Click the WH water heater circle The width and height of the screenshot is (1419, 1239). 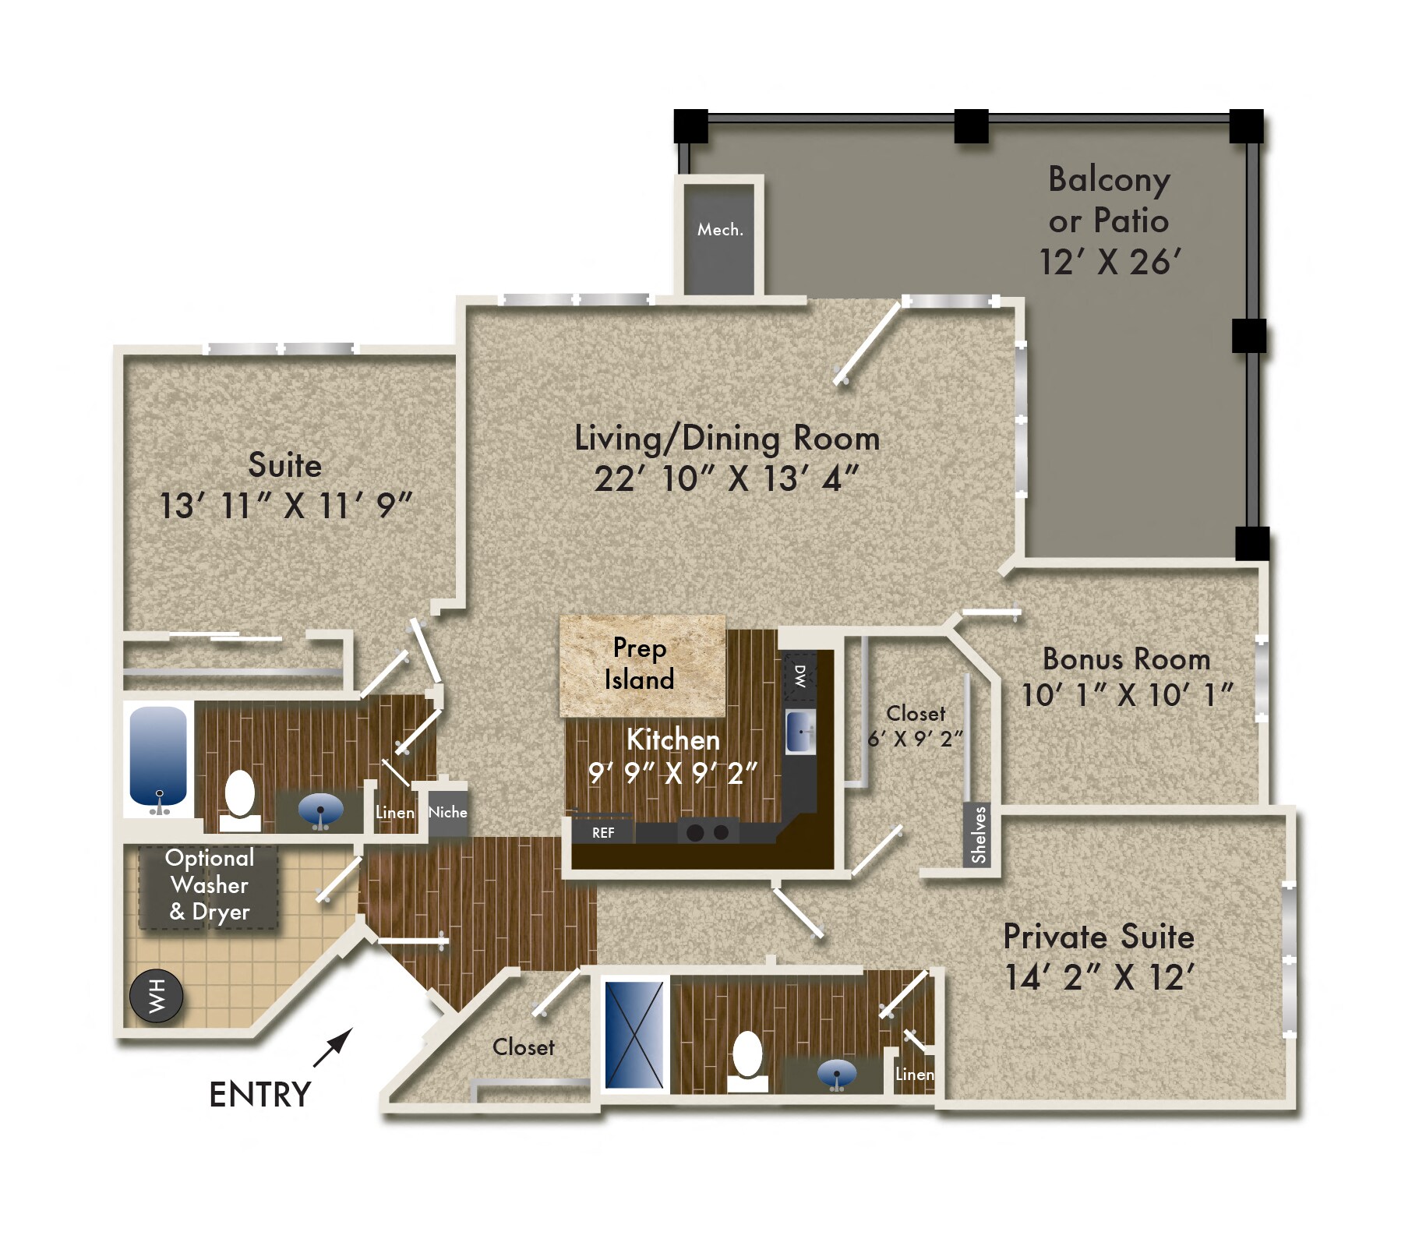click(x=156, y=995)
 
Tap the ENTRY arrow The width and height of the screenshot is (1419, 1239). click(x=333, y=1047)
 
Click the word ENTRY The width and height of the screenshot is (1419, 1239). click(x=259, y=1094)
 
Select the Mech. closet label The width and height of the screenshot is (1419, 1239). click(x=719, y=229)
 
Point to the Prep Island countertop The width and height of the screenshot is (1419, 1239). click(x=642, y=664)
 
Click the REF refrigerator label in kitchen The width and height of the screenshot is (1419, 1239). click(x=602, y=832)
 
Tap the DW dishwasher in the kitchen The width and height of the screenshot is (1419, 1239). click(x=800, y=675)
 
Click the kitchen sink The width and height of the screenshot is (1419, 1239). click(x=800, y=731)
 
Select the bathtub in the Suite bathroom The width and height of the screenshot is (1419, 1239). click(x=158, y=757)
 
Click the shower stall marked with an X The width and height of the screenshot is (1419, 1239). click(x=634, y=1034)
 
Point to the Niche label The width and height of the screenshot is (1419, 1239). click(x=447, y=812)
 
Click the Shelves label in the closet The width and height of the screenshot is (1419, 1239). click(x=978, y=835)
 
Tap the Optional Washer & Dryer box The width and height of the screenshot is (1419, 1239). click(x=209, y=886)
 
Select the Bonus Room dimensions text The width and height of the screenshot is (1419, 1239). click(x=1125, y=694)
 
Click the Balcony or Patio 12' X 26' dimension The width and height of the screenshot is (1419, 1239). click(x=1109, y=262)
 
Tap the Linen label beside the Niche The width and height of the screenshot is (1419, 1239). click(x=394, y=812)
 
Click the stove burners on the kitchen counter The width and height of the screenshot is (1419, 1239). click(x=708, y=832)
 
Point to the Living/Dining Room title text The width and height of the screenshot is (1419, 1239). click(x=726, y=438)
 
